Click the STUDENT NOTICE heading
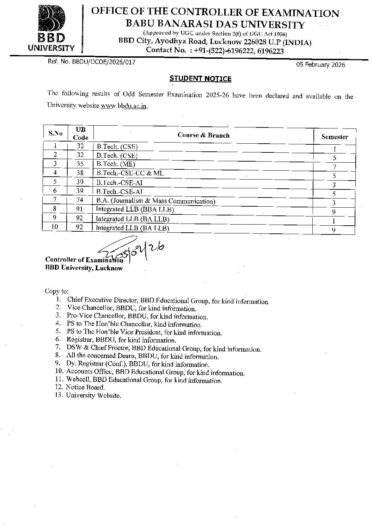[200, 79]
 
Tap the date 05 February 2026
[320, 65]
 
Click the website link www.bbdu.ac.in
[124, 106]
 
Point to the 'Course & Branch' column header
[203, 135]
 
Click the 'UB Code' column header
[80, 134]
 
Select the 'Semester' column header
[334, 137]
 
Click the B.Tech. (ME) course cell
[116, 164]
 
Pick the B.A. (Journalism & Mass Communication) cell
[155, 201]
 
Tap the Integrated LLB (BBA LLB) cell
[135, 209]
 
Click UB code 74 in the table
[80, 200]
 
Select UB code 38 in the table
[80, 172]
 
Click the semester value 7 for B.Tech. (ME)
[334, 167]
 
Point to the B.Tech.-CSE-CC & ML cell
[130, 173]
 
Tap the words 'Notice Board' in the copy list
[85, 388]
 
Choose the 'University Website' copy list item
[93, 396]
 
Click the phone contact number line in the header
[215, 50]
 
